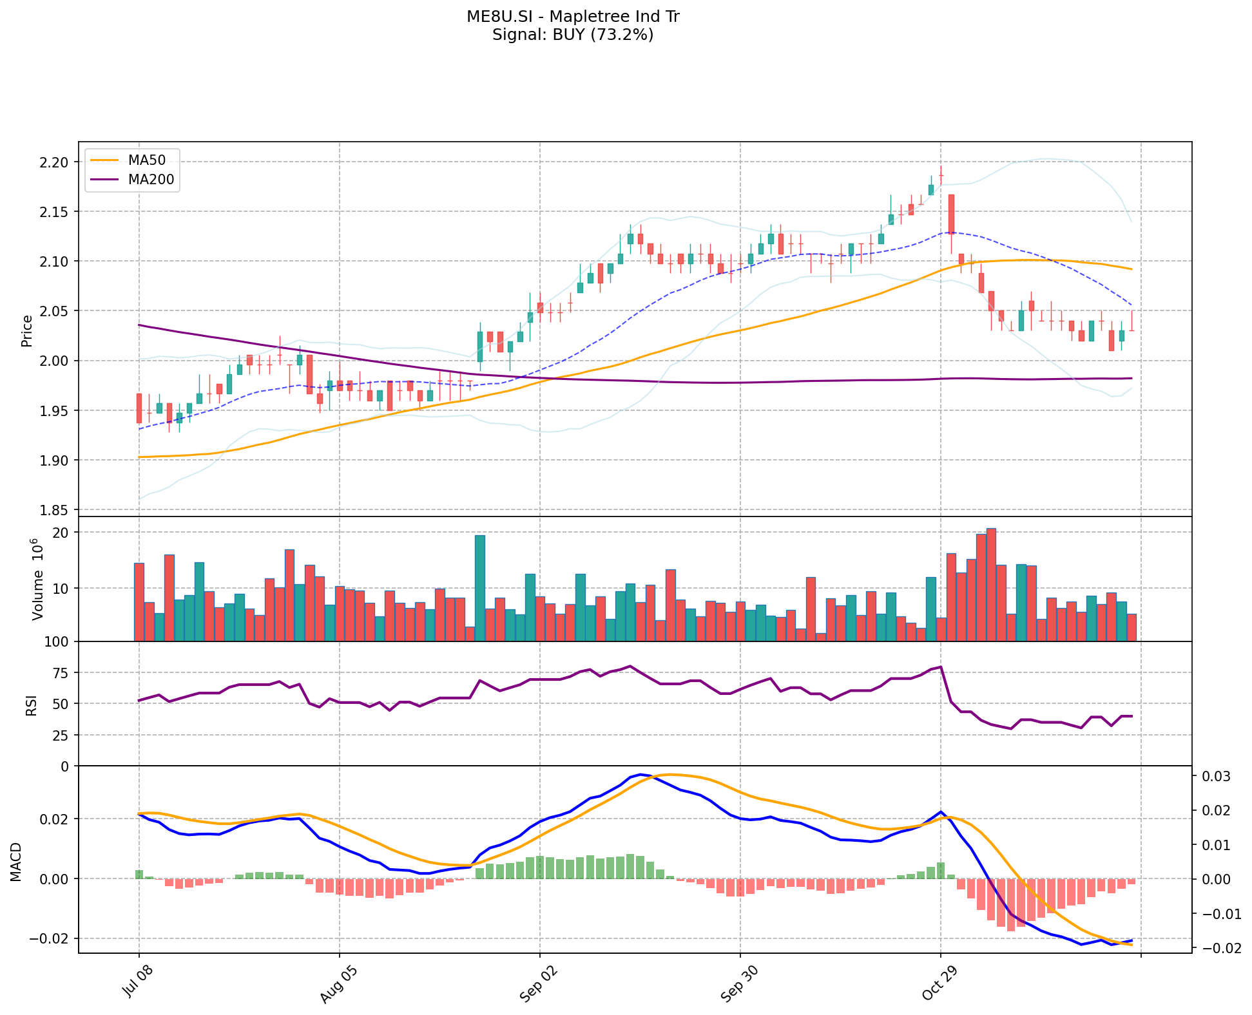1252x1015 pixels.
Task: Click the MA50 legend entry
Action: pos(147,160)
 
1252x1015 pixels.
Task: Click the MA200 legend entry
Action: pos(151,180)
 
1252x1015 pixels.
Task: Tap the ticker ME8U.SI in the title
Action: pos(494,17)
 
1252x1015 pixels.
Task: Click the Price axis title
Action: pos(27,330)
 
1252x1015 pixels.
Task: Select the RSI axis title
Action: pos(31,704)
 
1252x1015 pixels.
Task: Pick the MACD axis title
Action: pos(17,862)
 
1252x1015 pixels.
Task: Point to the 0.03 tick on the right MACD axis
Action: pos(1213,777)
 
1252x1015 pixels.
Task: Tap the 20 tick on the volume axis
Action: pos(61,533)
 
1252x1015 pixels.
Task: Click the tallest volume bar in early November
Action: pos(991,584)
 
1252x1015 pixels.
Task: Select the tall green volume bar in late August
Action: pos(480,588)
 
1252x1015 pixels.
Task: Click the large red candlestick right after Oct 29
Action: pos(951,213)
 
